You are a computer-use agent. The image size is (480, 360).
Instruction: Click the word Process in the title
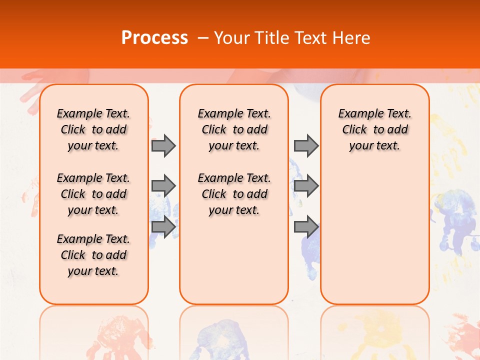click(x=154, y=38)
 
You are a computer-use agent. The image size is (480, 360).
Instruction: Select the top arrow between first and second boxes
click(x=163, y=146)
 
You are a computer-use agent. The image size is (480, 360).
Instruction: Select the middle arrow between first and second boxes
click(x=163, y=186)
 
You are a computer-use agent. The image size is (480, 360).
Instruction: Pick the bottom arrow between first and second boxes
click(x=163, y=226)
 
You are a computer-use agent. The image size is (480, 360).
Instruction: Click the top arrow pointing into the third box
click(x=306, y=146)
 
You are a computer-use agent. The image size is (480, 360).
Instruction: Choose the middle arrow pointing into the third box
click(x=306, y=186)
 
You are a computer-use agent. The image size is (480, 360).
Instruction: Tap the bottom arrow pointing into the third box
click(x=306, y=226)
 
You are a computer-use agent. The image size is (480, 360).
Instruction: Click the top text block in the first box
click(x=93, y=129)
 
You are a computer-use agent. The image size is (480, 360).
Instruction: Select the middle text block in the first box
click(x=93, y=194)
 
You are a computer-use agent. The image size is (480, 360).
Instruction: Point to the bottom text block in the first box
click(x=93, y=255)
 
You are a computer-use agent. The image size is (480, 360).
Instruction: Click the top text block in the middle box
click(x=234, y=129)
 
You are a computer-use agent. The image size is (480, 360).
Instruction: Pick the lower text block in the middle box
click(x=234, y=194)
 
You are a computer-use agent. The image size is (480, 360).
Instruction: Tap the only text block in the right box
click(x=375, y=129)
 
